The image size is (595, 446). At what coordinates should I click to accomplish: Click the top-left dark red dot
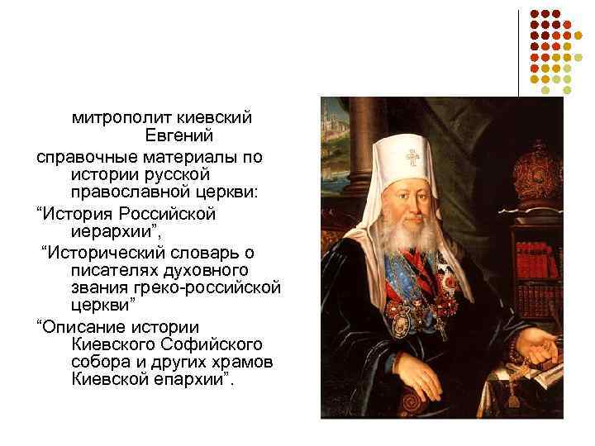tap(534, 15)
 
